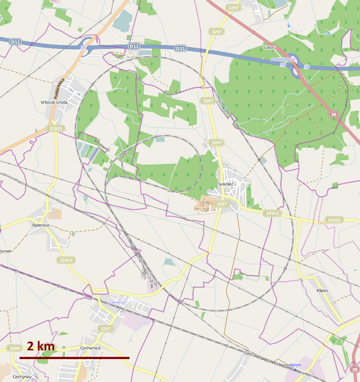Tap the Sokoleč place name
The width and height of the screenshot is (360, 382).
click(x=226, y=184)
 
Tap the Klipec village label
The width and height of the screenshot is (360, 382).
click(x=322, y=290)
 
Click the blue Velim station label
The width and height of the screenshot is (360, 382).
click(x=294, y=365)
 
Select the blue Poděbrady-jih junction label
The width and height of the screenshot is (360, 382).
click(x=284, y=59)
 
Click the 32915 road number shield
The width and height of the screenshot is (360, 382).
click(x=56, y=129)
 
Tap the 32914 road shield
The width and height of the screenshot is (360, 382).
click(x=66, y=260)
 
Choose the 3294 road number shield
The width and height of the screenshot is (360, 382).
click(x=14, y=348)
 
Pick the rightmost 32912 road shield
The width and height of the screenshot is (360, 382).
click(x=334, y=220)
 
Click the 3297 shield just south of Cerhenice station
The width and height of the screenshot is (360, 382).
click(x=105, y=328)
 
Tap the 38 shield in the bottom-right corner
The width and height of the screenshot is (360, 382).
click(x=354, y=369)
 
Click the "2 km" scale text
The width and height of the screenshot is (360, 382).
click(x=40, y=346)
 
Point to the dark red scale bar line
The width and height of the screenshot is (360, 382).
click(x=74, y=358)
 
